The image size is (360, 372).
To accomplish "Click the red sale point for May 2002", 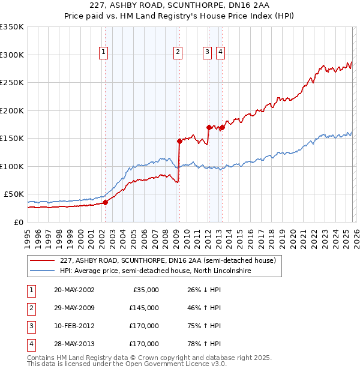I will tap(105, 202).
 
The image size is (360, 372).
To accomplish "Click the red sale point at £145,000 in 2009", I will tap(179, 141).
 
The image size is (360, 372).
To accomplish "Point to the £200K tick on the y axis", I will tap(13, 110).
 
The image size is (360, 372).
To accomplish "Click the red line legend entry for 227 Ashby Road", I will tap(167, 261).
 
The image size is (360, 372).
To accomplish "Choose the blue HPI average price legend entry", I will tap(155, 271).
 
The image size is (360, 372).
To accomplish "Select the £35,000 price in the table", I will tap(144, 290).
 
